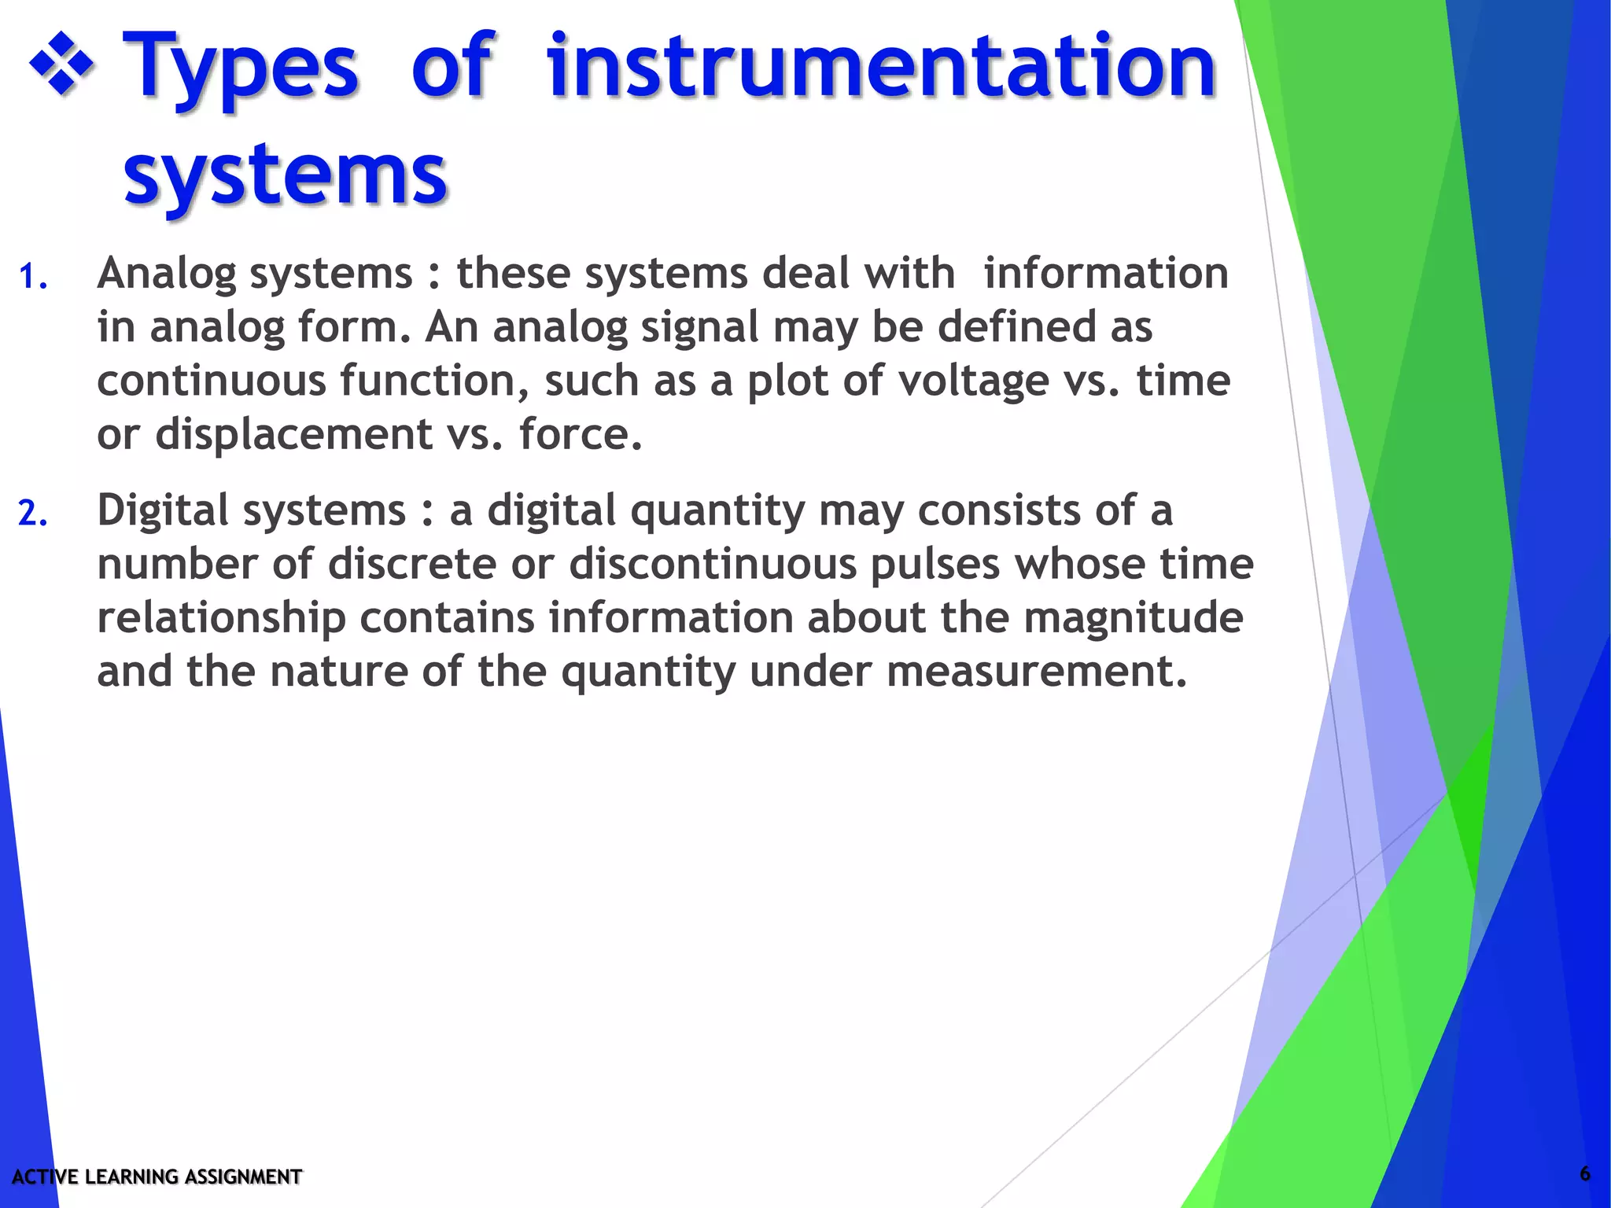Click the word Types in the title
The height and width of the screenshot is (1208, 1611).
coord(241,69)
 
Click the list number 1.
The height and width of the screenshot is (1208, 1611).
coord(33,278)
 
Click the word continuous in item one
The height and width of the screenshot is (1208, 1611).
coord(212,381)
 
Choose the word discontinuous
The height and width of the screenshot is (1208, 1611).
coord(713,565)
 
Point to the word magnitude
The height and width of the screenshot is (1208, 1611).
coord(1133,618)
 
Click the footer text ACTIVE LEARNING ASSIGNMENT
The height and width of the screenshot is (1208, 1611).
coord(157,1177)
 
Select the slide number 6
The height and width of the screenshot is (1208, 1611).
coord(1584,1174)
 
